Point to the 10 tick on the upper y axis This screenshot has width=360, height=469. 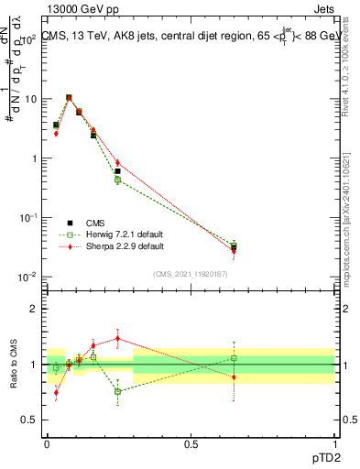pyautogui.click(x=31, y=98)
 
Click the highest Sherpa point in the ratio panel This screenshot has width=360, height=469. pyautogui.click(x=117, y=338)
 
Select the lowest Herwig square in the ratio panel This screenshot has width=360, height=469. pyautogui.click(x=117, y=391)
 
